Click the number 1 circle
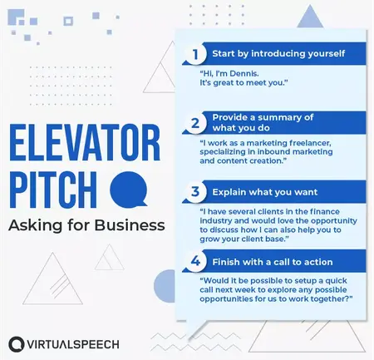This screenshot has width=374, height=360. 194,56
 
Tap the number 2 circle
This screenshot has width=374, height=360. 194,123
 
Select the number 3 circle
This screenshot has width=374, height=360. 194,192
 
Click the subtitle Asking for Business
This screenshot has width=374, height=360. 87,224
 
